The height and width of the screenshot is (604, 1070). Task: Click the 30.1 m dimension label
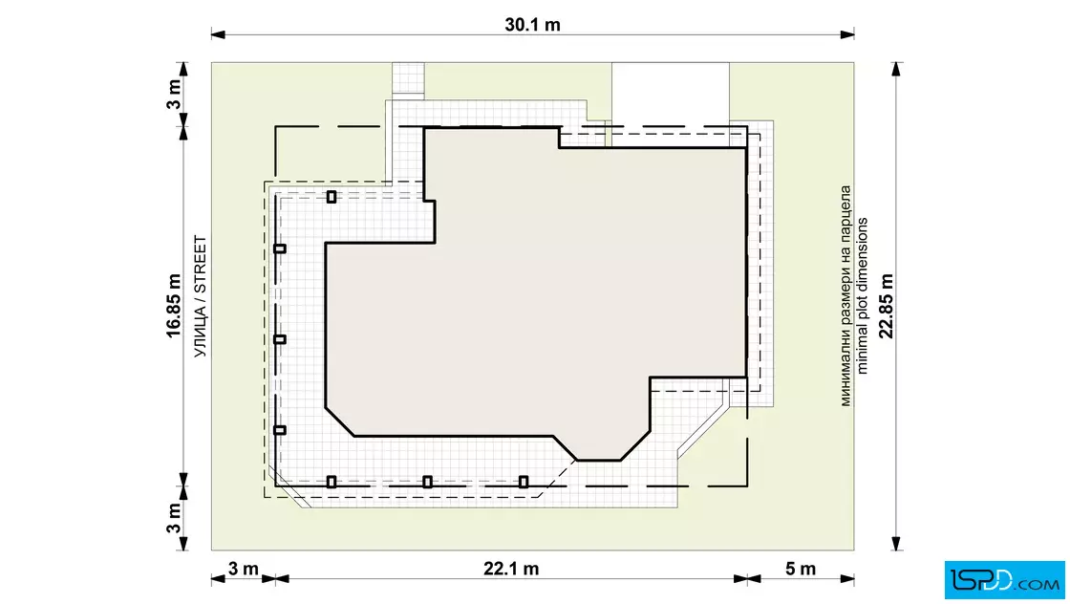pos(532,25)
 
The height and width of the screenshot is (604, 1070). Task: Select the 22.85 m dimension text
pos(886,306)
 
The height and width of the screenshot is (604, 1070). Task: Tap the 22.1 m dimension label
pos(511,569)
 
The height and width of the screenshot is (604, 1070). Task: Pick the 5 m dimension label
pos(801,569)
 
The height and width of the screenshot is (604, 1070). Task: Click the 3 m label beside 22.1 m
pos(243,569)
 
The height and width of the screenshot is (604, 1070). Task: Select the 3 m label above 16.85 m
pos(174,95)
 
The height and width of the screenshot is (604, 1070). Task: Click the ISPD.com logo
pos(1004,580)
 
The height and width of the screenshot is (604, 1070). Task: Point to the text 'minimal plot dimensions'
pos(863,295)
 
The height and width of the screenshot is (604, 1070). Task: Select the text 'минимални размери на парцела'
pos(845,295)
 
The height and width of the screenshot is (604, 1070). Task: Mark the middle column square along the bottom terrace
pos(427,482)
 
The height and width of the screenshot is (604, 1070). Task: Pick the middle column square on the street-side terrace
pos(280,339)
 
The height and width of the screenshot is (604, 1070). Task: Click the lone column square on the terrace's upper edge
pos(331,197)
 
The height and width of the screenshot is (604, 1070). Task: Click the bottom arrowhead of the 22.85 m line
pos(897,543)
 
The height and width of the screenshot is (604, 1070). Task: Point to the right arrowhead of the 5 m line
pos(846,579)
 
